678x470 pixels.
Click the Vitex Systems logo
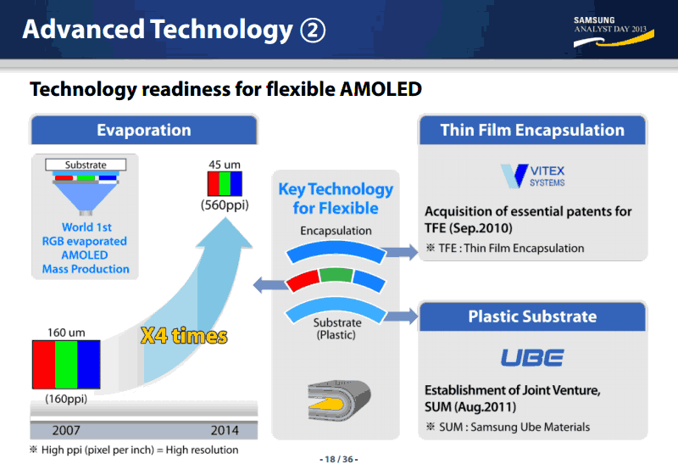tap(533, 176)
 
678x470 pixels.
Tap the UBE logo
tap(532, 357)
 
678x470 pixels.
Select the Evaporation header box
tap(143, 130)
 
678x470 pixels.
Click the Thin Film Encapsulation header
tap(532, 130)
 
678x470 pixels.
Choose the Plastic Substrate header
tap(532, 316)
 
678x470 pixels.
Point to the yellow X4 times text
tap(184, 335)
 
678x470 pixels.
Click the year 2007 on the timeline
tap(66, 430)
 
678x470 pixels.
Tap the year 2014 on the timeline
tap(225, 430)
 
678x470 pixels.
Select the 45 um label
tap(225, 165)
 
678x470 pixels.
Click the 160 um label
tap(66, 333)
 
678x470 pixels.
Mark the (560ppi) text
tap(225, 204)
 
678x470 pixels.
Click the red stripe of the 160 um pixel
tap(44, 365)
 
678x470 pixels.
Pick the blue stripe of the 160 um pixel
tap(89, 365)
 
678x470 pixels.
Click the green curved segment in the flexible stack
tap(336, 275)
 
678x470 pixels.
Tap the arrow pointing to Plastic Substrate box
tap(401, 316)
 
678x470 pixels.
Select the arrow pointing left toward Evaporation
tap(270, 285)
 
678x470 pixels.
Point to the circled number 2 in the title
tap(313, 31)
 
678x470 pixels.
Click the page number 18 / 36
tap(338, 459)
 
